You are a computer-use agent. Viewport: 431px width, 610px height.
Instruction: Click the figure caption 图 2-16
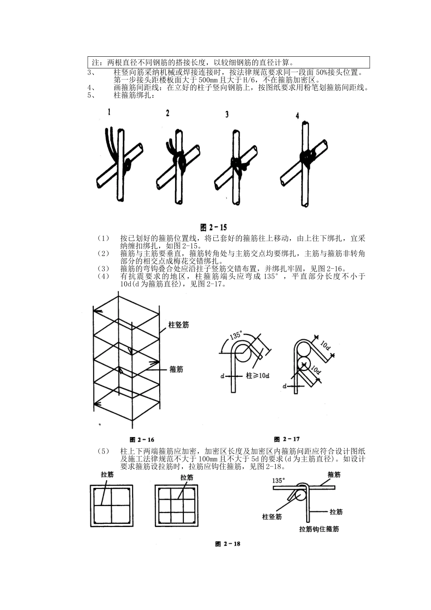pos(142,439)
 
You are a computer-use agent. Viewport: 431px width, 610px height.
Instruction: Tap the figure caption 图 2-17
pos(287,439)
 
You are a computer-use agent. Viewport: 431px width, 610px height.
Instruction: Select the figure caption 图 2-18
pos(228,544)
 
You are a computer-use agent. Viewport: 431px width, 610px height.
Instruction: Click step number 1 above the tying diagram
pos(109,111)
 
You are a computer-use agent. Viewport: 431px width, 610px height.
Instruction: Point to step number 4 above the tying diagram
pos(297,116)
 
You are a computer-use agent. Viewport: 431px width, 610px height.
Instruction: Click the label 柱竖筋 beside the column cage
pos(178,325)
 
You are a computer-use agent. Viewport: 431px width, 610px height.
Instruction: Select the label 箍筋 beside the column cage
pos(176,369)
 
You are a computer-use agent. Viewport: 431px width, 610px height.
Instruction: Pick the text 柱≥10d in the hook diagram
pos(258,376)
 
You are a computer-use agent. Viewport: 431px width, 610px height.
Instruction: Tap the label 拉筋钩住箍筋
pos(319,529)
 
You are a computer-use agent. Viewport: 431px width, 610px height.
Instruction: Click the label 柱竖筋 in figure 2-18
pos(272,517)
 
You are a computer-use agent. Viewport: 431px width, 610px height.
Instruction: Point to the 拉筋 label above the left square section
pos(108,475)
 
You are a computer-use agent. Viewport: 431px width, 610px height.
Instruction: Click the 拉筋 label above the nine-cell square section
pos(186,477)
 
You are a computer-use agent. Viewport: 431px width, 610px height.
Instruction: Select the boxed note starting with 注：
pos(229,62)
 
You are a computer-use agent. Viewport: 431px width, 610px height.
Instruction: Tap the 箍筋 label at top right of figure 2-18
pos(334,475)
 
